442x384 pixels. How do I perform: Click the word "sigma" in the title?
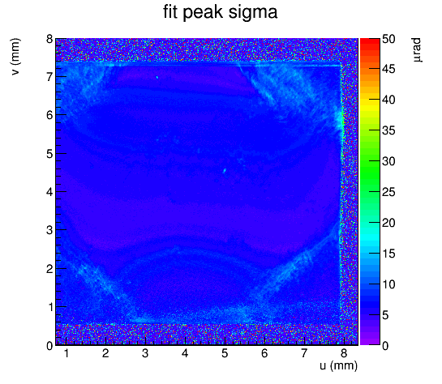click(253, 13)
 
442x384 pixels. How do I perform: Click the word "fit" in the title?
click(170, 12)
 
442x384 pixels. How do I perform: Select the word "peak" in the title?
click(203, 13)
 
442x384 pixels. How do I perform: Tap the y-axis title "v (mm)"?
click(15, 57)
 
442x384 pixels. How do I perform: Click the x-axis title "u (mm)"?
click(338, 365)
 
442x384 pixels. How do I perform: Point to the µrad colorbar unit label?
click(416, 49)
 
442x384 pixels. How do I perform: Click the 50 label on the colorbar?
click(388, 39)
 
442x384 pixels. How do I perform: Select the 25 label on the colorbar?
click(388, 192)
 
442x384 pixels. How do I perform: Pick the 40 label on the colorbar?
click(388, 100)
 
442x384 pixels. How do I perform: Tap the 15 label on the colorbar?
click(388, 254)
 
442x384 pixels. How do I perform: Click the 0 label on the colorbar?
click(385, 345)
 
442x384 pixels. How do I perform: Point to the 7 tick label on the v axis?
click(49, 77)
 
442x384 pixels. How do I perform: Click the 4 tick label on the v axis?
click(49, 192)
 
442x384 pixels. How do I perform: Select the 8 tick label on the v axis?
click(49, 39)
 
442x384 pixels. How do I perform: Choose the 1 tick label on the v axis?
click(50, 307)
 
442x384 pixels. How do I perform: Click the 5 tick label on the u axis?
click(225, 353)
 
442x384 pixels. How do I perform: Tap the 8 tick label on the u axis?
click(343, 353)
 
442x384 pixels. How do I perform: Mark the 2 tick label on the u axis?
click(105, 353)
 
